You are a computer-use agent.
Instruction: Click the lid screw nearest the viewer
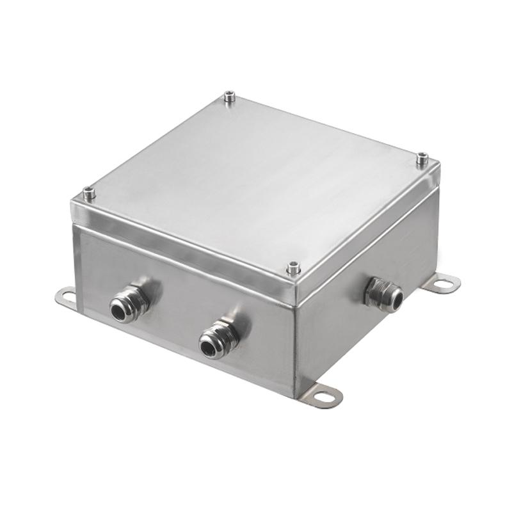tap(294, 267)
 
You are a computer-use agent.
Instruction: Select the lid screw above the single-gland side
tap(422, 158)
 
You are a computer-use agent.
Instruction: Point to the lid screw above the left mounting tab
tap(89, 192)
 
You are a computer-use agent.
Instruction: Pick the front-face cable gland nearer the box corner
tap(218, 339)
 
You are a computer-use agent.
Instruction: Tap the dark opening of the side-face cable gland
tap(396, 298)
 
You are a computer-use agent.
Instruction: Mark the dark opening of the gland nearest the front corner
tap(208, 348)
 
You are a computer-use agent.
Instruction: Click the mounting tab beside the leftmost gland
tap(66, 296)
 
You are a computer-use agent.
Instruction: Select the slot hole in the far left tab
tap(66, 295)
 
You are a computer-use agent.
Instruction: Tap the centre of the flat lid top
tap(256, 179)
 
